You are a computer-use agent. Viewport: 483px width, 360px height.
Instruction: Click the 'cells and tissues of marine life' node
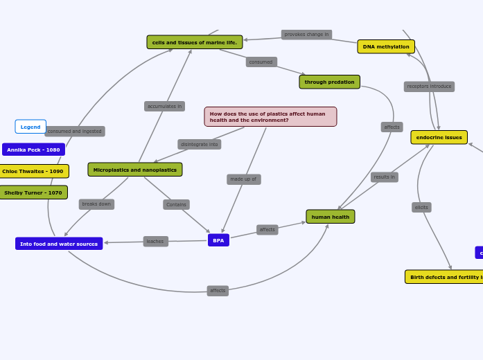195,42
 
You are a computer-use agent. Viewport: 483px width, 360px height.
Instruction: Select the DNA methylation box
386,46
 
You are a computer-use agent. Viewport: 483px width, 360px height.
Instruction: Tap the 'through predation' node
329,82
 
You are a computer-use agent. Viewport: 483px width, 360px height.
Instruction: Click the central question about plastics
270,116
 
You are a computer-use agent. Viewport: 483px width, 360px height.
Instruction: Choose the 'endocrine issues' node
439,137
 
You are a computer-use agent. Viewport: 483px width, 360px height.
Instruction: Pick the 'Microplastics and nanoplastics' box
135,170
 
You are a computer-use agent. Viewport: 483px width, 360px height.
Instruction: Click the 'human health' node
331,217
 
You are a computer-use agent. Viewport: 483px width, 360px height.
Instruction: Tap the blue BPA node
218,240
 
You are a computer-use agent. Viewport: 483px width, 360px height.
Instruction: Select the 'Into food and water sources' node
59,244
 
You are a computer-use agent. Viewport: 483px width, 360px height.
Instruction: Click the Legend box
30,127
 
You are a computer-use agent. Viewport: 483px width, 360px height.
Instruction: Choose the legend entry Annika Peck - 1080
33,150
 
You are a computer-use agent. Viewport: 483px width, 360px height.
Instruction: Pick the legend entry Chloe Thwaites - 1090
33,171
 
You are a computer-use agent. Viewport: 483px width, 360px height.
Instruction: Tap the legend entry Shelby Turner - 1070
33,192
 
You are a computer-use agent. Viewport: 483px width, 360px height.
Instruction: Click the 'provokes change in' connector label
306,34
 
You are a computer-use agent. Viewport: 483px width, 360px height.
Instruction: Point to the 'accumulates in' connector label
164,106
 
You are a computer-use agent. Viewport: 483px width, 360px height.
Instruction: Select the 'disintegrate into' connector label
199,144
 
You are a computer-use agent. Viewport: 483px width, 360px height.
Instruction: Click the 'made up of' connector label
243,179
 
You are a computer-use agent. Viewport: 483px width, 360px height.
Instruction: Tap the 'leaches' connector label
155,242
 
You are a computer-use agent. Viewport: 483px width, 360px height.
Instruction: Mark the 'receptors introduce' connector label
429,87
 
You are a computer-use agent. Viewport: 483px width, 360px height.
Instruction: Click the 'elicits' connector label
421,207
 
